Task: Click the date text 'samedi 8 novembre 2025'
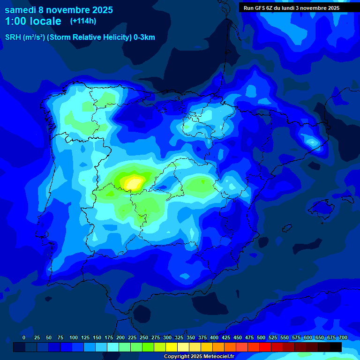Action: (59, 10)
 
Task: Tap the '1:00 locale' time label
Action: (33, 21)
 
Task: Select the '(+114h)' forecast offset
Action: (83, 21)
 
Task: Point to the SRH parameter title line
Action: (80, 37)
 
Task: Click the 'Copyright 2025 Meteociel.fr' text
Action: (199, 356)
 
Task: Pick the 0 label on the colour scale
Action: (24, 337)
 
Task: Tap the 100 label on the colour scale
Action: (74, 337)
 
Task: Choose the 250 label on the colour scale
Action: (144, 337)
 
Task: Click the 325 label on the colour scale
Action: (179, 337)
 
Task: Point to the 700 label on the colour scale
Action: (343, 337)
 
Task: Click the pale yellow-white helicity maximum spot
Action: (135, 183)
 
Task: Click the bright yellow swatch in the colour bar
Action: (172, 347)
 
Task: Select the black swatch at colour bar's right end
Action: (335, 347)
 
